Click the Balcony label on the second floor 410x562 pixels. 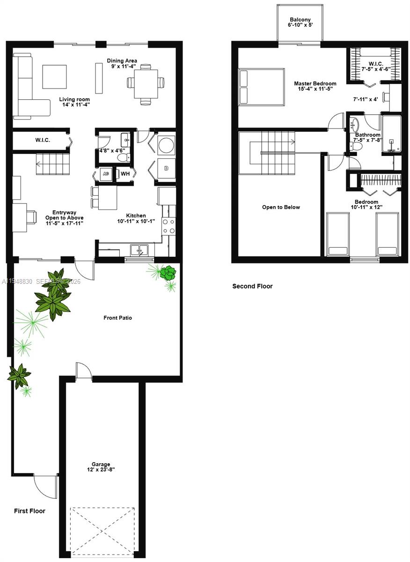[300, 19]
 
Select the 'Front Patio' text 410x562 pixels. [117, 318]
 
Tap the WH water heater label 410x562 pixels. [125, 174]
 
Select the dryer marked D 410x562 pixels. [166, 167]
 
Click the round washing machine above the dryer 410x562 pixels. [166, 146]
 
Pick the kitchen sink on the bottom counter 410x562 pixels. [139, 250]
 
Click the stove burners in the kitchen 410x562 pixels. [168, 226]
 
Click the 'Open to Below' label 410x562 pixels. [281, 207]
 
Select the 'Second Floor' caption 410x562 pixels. [252, 286]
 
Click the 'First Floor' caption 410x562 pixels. [29, 510]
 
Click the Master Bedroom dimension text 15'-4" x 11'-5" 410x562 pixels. [315, 89]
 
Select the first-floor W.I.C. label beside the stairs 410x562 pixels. [42, 140]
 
